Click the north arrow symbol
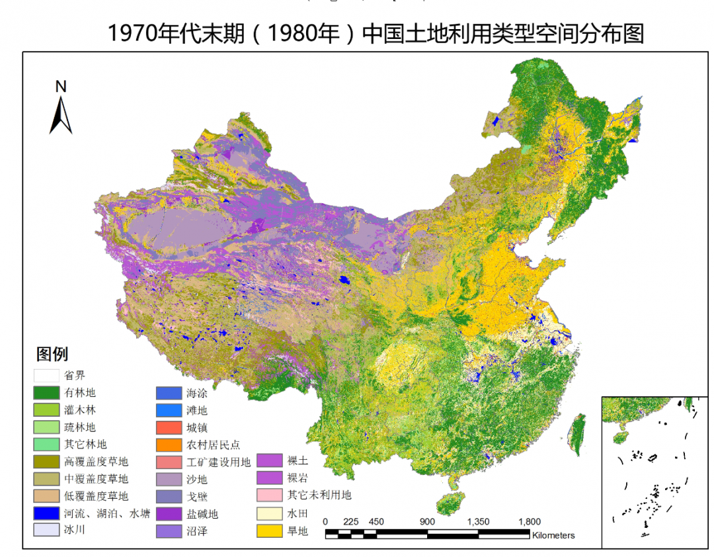tap(61, 115)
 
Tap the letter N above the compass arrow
tap(61, 86)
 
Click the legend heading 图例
tap(52, 354)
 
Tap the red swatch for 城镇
tap(168, 427)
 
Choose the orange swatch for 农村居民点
tap(168, 445)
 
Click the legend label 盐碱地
tap(202, 513)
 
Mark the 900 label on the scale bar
tap(427, 521)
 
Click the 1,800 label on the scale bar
tap(530, 521)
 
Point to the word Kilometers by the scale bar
tap(553, 535)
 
